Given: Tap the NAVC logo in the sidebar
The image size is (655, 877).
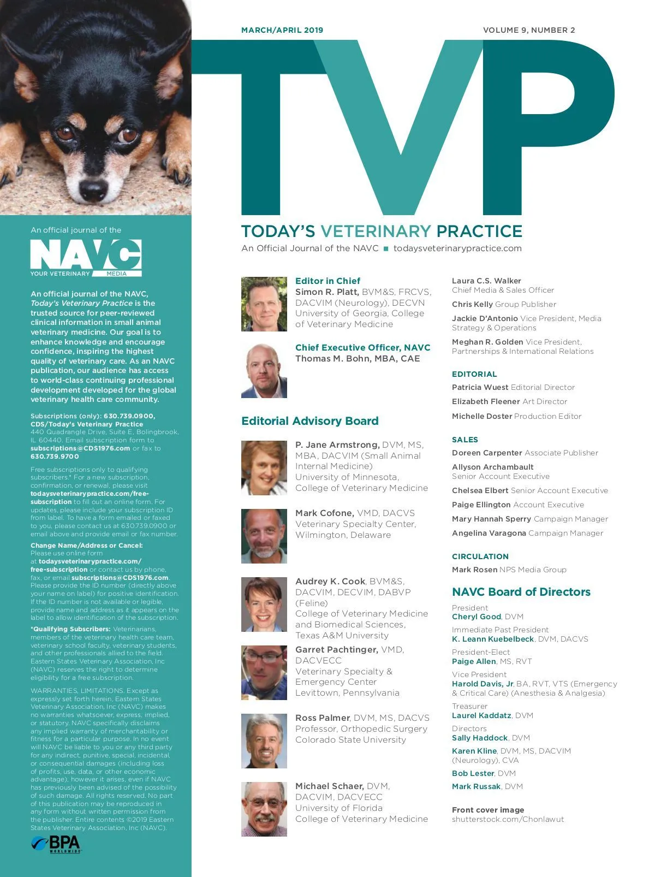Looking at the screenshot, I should click(x=86, y=258).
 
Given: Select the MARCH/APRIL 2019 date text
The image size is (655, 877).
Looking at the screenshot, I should click(x=282, y=30).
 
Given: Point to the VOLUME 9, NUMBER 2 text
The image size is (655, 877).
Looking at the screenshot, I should click(x=529, y=30).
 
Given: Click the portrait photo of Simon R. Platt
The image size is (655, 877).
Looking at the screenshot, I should click(x=264, y=304).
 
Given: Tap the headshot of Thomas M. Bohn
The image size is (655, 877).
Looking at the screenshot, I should click(x=264, y=371).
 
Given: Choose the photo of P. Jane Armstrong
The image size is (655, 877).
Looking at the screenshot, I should click(x=264, y=468).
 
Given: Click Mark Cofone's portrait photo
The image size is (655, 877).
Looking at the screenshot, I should click(x=264, y=536).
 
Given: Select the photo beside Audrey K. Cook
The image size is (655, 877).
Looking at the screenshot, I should click(x=264, y=605).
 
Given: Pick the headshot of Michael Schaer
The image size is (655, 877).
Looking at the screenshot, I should click(x=264, y=809).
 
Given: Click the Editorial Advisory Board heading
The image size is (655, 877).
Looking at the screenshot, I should click(x=310, y=421).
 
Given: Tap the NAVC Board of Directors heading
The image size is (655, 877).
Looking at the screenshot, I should click(x=521, y=592).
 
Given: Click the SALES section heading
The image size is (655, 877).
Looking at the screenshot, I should click(x=465, y=440).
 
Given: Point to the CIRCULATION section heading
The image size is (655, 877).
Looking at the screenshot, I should click(x=480, y=556).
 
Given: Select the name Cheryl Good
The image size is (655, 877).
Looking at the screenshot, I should click(x=477, y=617).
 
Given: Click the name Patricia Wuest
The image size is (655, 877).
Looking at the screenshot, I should click(x=480, y=387).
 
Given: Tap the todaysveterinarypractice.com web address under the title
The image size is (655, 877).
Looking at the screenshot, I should click(x=457, y=248).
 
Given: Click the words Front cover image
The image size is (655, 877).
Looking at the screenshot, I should click(x=488, y=810).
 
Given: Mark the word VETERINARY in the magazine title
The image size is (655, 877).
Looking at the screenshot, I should click(x=376, y=231).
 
